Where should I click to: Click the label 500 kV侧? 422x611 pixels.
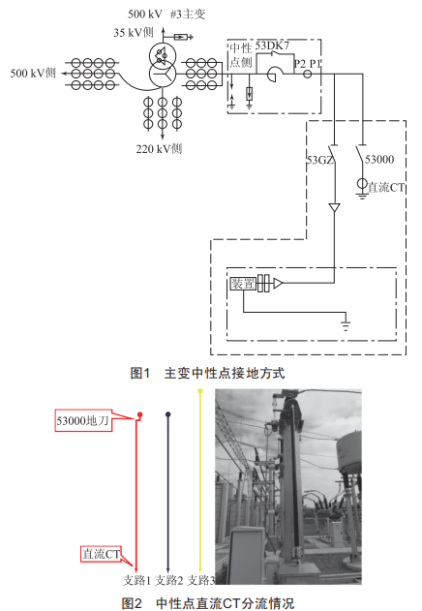pyautogui.click(x=33, y=73)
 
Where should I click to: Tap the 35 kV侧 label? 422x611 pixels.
pyautogui.click(x=134, y=32)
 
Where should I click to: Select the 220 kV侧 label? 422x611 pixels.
pyautogui.click(x=159, y=148)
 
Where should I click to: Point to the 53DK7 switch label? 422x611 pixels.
pyautogui.click(x=272, y=46)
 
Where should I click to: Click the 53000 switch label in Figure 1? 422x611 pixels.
pyautogui.click(x=379, y=159)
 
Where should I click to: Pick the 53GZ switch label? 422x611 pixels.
pyautogui.click(x=320, y=160)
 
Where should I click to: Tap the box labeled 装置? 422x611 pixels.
pyautogui.click(x=243, y=284)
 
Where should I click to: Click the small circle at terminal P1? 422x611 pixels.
pyautogui.click(x=308, y=74)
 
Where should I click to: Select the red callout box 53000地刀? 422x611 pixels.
pyautogui.click(x=83, y=420)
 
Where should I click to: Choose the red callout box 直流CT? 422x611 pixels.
pyautogui.click(x=101, y=553)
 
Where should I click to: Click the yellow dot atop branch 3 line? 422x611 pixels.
pyautogui.click(x=200, y=391)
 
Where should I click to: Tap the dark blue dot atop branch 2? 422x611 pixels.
pyautogui.click(x=168, y=414)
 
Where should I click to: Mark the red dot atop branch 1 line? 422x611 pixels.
pyautogui.click(x=140, y=414)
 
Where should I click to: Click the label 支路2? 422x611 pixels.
pyautogui.click(x=169, y=580)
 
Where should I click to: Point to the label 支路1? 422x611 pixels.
pyautogui.click(x=136, y=580)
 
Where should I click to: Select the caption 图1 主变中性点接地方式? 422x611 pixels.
pyautogui.click(x=207, y=373)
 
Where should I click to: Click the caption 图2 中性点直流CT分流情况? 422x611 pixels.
pyautogui.click(x=207, y=603)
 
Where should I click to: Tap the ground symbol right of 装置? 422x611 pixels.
pyautogui.click(x=346, y=325)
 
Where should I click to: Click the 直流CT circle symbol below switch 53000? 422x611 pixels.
pyautogui.click(x=362, y=183)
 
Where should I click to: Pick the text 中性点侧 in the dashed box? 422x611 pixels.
pyautogui.click(x=241, y=55)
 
